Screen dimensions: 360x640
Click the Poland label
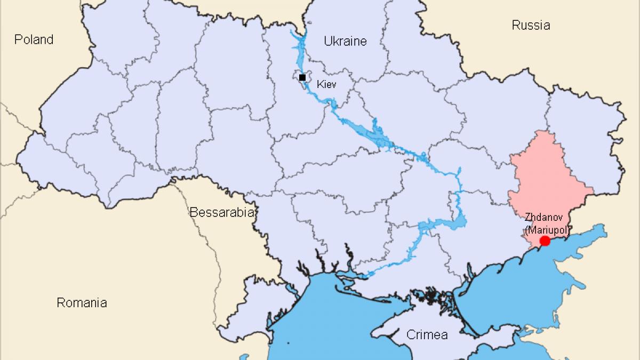pyautogui.click(x=34, y=39)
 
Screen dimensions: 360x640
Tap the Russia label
pyautogui.click(x=531, y=25)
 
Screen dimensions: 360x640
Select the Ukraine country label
pyautogui.click(x=346, y=41)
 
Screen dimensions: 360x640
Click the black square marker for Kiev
pyautogui.click(x=302, y=77)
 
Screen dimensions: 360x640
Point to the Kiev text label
pyautogui.click(x=326, y=84)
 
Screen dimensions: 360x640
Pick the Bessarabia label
pyautogui.click(x=221, y=213)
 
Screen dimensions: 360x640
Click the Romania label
pyautogui.click(x=82, y=303)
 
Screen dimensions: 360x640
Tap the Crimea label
pyautogui.click(x=427, y=335)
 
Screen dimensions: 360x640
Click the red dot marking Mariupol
pyautogui.click(x=545, y=241)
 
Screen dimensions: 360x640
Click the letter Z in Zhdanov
pyautogui.click(x=527, y=218)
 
